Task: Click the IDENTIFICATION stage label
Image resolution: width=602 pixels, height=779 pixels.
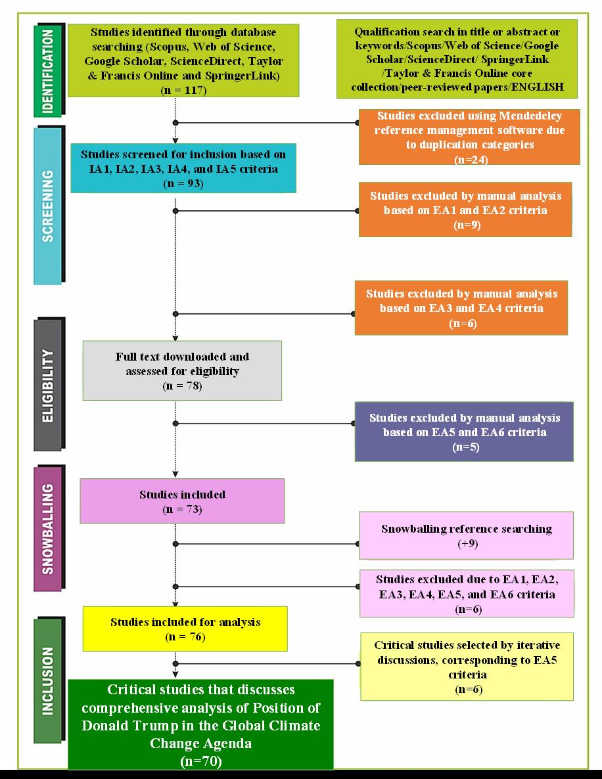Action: click(48, 70)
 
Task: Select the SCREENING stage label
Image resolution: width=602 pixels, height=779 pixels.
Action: click(48, 206)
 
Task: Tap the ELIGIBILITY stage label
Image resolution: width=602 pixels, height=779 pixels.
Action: click(48, 386)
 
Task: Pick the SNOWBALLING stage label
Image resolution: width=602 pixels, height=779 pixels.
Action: click(48, 529)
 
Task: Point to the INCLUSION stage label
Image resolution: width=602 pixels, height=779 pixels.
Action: click(48, 680)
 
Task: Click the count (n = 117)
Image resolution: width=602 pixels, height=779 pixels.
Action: click(183, 91)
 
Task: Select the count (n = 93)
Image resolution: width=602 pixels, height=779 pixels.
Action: click(183, 183)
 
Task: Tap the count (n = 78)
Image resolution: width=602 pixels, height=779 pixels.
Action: click(183, 386)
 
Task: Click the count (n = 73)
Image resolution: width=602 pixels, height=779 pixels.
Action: click(183, 509)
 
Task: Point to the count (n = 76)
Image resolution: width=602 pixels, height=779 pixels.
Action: click(185, 637)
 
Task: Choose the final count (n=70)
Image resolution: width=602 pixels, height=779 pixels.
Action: click(201, 761)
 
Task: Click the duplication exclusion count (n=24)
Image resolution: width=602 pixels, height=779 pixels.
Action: click(471, 160)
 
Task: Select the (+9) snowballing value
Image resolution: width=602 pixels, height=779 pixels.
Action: click(468, 543)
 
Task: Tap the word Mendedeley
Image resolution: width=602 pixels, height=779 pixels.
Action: click(530, 116)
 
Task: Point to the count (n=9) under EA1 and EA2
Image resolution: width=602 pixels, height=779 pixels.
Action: click(467, 225)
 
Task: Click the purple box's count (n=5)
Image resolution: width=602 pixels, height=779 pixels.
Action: click(466, 447)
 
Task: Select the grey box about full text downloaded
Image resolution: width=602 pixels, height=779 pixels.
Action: click(183, 370)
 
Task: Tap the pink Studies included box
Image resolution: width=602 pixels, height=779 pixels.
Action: click(183, 501)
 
